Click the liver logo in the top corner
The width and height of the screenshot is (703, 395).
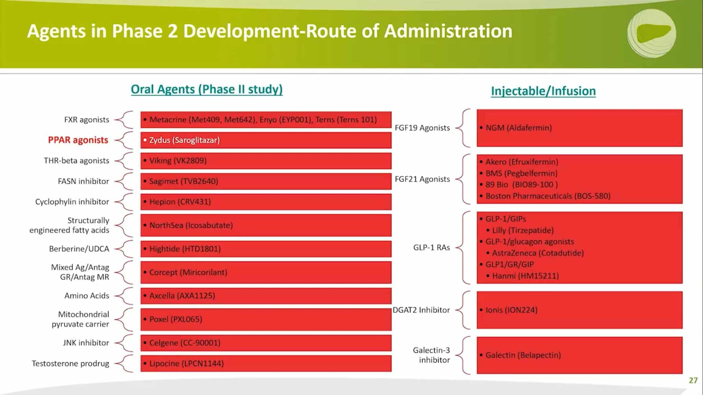tap(652, 33)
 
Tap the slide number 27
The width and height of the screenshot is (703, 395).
tap(693, 380)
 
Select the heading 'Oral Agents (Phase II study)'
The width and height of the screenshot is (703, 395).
tap(207, 89)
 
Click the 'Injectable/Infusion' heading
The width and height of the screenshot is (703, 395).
tap(543, 91)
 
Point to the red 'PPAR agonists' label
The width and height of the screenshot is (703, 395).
tap(78, 140)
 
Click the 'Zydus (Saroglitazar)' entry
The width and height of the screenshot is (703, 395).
tap(184, 140)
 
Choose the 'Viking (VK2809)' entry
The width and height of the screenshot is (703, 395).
tap(178, 160)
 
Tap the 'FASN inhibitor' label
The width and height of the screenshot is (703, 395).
tap(83, 181)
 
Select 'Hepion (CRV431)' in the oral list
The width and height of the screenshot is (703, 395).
tap(180, 202)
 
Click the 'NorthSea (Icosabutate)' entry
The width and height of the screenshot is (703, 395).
tap(191, 225)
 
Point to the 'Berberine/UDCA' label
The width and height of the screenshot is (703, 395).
tap(79, 249)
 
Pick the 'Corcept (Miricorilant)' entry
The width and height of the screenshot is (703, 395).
tap(188, 272)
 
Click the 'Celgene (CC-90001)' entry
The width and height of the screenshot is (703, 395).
tap(185, 343)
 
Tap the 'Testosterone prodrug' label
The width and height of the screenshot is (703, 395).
tap(70, 363)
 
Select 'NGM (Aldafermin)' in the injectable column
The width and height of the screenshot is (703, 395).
tap(518, 128)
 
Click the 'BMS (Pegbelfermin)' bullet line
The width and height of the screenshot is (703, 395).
tap(521, 173)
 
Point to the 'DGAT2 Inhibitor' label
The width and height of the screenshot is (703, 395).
tap(421, 310)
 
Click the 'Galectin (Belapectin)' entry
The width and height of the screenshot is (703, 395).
tap(523, 355)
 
